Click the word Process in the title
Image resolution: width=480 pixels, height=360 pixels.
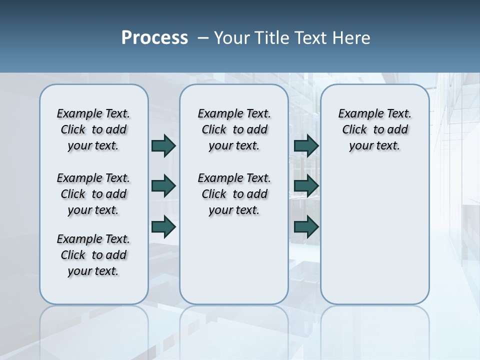[x=154, y=38]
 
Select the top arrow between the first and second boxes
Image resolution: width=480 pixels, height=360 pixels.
[x=163, y=146]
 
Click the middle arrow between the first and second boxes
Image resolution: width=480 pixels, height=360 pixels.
[x=163, y=186]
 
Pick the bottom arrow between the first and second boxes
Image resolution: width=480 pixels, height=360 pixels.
[x=163, y=226]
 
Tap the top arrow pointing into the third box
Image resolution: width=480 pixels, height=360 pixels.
[x=306, y=146]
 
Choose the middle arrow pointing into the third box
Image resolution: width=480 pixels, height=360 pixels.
[x=306, y=186]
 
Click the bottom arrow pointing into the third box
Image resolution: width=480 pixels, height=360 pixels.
[x=306, y=226]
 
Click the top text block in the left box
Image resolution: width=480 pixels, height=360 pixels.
[x=93, y=129]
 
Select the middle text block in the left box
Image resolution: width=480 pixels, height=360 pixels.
[x=93, y=194]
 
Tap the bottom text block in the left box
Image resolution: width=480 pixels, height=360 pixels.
[x=93, y=255]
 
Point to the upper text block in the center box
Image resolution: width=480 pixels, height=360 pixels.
[x=234, y=129]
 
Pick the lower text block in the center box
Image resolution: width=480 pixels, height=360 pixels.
[x=234, y=194]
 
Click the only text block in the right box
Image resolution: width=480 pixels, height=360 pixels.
[x=374, y=129]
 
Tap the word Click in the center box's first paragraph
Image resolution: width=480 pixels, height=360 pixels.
[x=214, y=130]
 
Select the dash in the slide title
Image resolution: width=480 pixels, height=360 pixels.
[x=203, y=38]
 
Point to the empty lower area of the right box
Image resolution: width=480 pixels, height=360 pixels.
[x=374, y=235]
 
